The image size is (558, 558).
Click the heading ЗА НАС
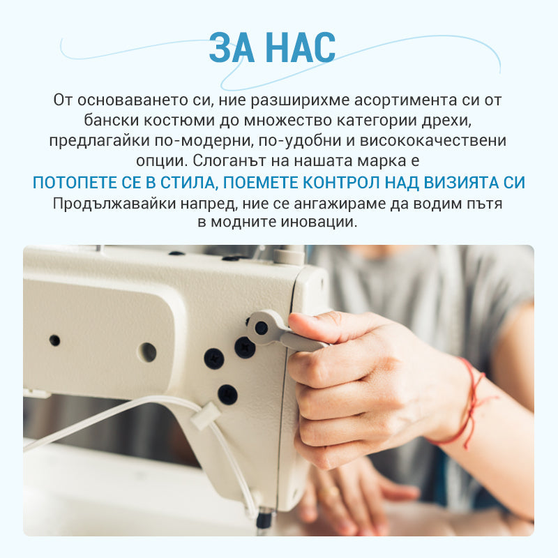(272, 47)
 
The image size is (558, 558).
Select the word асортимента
(405, 100)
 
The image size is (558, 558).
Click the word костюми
(179, 121)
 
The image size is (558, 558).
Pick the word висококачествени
(433, 141)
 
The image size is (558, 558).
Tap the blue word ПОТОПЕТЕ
(75, 183)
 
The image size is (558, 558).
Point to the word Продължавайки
(114, 204)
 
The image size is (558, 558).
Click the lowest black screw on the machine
(228, 394)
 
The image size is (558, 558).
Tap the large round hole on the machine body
(147, 352)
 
